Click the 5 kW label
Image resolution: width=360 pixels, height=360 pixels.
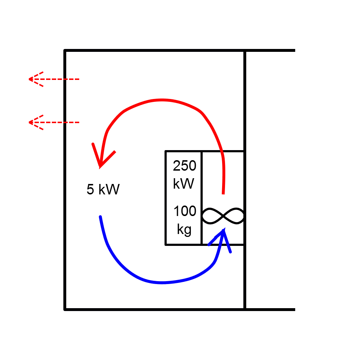click(x=103, y=189)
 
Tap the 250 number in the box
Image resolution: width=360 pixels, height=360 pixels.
click(x=184, y=166)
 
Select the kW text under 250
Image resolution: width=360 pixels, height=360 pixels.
click(x=184, y=184)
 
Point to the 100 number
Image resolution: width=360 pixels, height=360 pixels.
click(x=185, y=211)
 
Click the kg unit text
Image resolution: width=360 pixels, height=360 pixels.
click(x=184, y=229)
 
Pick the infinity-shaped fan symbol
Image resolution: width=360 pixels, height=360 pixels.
click(x=223, y=216)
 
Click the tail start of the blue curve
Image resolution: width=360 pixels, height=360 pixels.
click(x=100, y=217)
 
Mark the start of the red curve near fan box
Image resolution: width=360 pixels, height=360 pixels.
click(x=223, y=193)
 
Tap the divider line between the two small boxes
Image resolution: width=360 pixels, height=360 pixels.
click(x=202, y=198)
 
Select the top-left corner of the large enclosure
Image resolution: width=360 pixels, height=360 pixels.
click(x=65, y=51)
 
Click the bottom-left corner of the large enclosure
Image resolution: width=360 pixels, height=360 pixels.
click(x=65, y=309)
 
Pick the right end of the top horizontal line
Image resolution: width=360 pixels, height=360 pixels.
click(x=294, y=51)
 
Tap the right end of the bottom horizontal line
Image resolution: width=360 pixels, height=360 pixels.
click(x=294, y=309)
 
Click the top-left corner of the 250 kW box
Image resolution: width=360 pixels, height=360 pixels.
click(x=166, y=151)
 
